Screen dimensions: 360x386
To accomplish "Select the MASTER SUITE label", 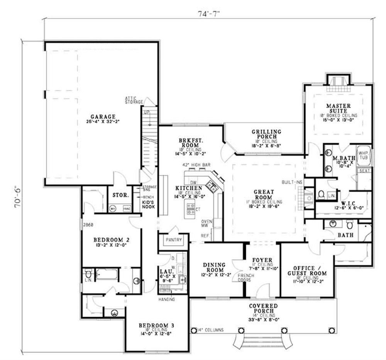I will click(338, 109).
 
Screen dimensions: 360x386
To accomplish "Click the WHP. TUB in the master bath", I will click(363, 155).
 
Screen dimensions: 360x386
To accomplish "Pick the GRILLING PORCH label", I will click(266, 134).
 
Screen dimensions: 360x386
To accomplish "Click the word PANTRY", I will click(173, 240).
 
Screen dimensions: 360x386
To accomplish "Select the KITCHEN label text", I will click(189, 188).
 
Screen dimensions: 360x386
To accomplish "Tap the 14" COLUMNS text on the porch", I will click(210, 330).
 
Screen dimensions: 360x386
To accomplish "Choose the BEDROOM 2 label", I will click(106, 239).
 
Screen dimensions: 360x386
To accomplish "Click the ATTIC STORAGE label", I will click(134, 100).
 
